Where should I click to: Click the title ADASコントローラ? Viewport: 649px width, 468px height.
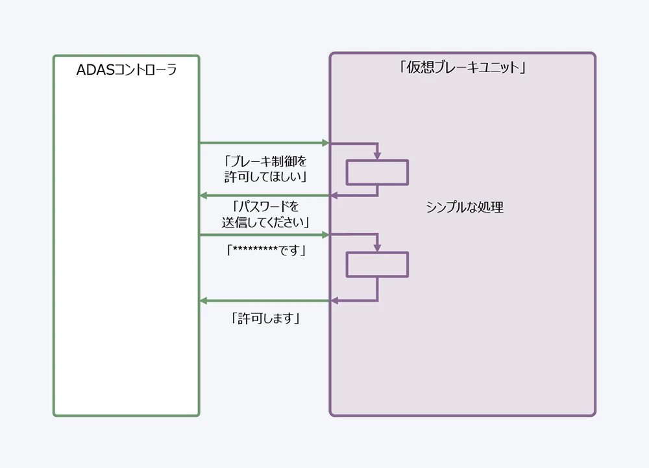point(127,70)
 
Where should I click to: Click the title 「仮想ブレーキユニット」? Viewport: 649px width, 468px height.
point(462,68)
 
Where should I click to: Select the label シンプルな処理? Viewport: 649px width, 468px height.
point(465,208)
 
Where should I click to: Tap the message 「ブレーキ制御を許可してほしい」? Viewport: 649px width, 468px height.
point(265,168)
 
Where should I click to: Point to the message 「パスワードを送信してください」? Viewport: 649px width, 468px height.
point(265,214)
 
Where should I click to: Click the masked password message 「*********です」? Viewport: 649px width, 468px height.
point(265,250)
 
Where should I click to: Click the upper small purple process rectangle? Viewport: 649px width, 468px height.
point(377,172)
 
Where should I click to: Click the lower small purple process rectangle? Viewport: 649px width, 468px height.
point(377,265)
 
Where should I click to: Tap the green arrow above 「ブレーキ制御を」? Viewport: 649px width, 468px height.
point(265,142)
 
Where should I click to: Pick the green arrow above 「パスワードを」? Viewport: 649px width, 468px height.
point(265,195)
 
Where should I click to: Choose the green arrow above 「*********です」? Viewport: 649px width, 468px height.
point(265,235)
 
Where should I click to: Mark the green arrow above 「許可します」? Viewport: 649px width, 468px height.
point(265,300)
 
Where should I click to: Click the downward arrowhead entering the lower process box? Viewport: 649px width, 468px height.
point(377,248)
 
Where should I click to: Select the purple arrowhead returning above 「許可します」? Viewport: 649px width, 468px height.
point(334,300)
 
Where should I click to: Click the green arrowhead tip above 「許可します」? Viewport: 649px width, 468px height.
point(202,300)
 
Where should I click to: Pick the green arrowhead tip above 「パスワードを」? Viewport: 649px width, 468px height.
point(202,195)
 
